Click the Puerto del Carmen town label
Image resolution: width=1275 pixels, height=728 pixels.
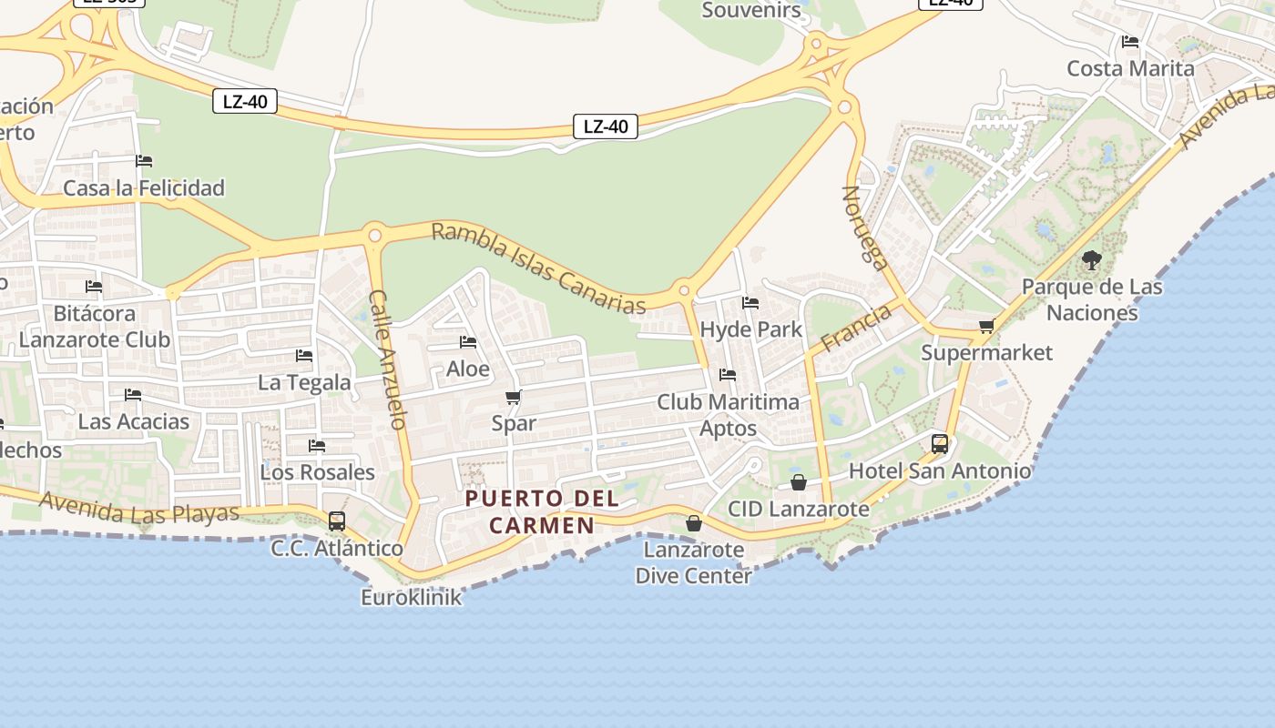543,511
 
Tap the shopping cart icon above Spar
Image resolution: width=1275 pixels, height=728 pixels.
513,397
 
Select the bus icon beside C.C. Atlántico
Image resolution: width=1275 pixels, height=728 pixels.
337,521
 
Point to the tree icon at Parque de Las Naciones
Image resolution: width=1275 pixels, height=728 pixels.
1091,260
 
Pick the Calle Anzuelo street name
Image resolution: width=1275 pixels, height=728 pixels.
387,359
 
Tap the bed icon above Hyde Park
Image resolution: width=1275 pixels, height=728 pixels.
750,303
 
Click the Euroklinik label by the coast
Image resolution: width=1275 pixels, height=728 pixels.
412,598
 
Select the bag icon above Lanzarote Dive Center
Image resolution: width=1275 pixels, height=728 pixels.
694,523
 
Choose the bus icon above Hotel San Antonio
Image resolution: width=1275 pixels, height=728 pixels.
940,444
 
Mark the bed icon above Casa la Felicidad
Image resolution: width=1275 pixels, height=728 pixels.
144,162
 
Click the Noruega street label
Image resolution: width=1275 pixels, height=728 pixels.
864,228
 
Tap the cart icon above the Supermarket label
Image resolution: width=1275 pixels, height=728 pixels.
986,326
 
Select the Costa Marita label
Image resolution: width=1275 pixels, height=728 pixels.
1130,68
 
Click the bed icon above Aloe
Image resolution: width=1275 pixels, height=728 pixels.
468,342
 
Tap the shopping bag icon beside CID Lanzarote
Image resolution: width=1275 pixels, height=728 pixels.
799,482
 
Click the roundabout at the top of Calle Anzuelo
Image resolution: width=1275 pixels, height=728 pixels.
373,236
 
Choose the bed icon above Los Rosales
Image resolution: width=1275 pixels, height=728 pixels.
317,446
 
